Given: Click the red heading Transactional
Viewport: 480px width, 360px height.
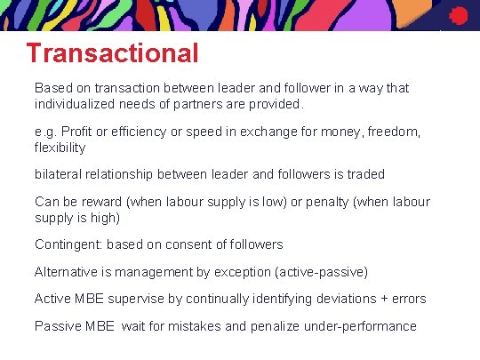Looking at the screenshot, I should pyautogui.click(x=113, y=53).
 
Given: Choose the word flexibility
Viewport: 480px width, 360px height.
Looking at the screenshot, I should pyautogui.click(x=60, y=148).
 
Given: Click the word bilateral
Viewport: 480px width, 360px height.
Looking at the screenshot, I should pyautogui.click(x=57, y=173).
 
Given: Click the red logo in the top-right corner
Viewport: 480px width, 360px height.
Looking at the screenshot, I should pyautogui.click(x=459, y=15).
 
